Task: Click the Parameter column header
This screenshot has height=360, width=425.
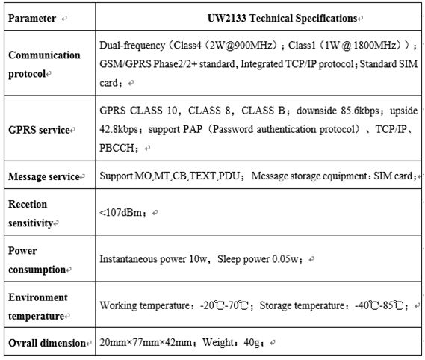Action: (x=32, y=19)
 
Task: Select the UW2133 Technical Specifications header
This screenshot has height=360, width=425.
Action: (x=282, y=19)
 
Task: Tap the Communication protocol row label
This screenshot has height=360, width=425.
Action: (x=44, y=64)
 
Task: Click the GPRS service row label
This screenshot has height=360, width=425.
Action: (x=39, y=130)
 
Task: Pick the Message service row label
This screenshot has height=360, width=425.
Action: (x=44, y=176)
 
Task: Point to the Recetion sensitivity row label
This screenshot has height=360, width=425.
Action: (x=31, y=214)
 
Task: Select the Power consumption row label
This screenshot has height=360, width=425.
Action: (x=37, y=260)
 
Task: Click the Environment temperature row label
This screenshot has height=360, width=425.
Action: (x=38, y=306)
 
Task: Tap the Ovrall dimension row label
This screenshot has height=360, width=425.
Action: (x=47, y=343)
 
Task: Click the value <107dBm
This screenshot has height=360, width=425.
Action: (x=120, y=213)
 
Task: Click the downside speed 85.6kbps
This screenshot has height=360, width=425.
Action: (x=360, y=111)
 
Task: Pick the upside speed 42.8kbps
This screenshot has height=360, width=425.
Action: (x=119, y=129)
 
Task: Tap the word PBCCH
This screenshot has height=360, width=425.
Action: (x=117, y=149)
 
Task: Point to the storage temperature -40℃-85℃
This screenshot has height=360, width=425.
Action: (x=379, y=305)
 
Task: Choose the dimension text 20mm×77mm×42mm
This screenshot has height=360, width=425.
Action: (x=146, y=342)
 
